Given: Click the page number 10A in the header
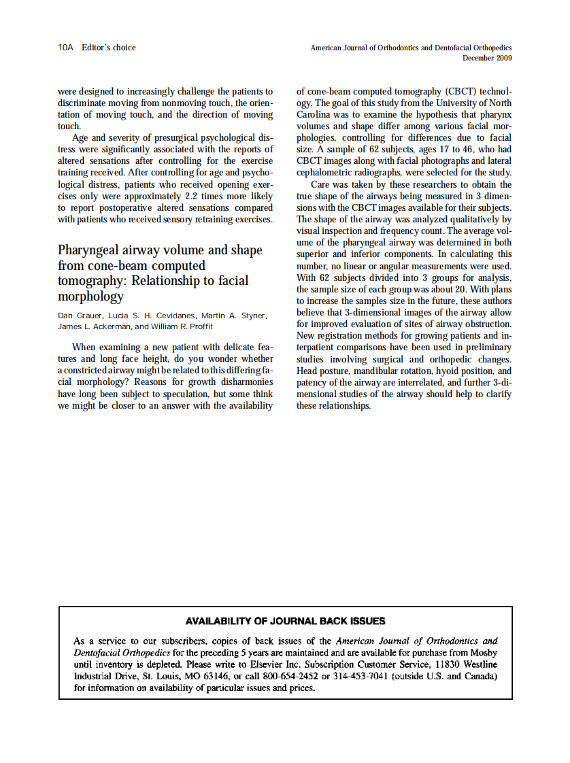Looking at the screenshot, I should (65, 48).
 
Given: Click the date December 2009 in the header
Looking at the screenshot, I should (487, 58).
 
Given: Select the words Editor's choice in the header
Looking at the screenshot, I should (109, 48).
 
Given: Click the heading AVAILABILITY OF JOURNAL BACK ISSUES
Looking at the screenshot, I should (286, 621).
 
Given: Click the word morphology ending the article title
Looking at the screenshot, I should (90, 296).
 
